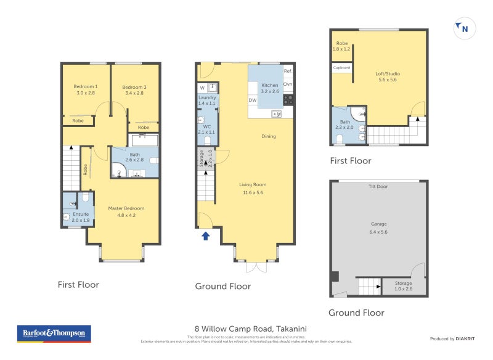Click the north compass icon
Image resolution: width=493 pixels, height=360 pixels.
click(x=463, y=28)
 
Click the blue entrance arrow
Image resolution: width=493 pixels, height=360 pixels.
click(x=206, y=234)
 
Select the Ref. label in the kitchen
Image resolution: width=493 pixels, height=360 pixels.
click(x=288, y=71)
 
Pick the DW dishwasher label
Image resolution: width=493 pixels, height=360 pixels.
click(x=253, y=99)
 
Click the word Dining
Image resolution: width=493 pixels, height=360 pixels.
click(x=268, y=136)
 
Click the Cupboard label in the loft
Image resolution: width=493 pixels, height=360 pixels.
click(x=341, y=67)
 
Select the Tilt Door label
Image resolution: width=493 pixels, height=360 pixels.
click(x=378, y=186)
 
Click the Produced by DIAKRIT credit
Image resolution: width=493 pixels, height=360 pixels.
click(x=452, y=338)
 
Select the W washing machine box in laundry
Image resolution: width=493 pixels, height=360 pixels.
click(x=202, y=89)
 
